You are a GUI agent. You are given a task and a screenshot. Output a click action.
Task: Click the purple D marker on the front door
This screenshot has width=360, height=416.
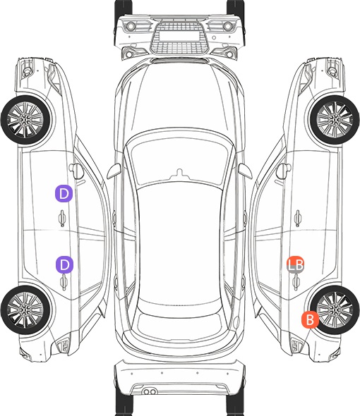(64, 194)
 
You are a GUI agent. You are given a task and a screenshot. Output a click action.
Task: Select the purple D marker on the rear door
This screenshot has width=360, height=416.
(64, 264)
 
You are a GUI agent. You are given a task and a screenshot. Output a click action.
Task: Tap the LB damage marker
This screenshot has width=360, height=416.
(296, 264)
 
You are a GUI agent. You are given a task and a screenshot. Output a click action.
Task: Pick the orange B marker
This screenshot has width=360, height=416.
(310, 319)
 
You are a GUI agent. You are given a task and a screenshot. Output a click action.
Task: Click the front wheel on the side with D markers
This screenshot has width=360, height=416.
(25, 120)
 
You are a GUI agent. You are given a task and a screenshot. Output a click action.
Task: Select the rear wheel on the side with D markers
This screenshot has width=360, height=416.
(25, 310)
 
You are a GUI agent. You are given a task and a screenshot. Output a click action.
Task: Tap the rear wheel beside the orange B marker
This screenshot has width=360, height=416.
(335, 310)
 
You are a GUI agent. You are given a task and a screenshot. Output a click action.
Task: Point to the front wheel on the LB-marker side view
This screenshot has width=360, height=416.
(335, 120)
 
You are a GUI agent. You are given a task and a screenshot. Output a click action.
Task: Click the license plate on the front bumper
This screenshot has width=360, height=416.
(179, 36)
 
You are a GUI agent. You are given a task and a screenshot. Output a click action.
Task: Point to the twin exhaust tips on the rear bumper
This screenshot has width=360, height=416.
(150, 391)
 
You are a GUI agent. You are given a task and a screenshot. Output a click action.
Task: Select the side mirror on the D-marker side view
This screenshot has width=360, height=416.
(76, 171)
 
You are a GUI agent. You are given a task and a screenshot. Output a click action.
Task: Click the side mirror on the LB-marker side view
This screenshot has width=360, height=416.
(284, 171)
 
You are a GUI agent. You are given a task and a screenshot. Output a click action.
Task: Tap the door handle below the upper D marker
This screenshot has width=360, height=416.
(62, 218)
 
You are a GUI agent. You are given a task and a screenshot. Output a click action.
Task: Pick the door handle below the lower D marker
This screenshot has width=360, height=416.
(64, 282)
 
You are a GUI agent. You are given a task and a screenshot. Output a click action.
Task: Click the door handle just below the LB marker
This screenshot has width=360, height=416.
(296, 282)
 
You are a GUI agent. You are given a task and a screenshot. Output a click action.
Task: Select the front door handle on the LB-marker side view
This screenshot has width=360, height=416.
(298, 218)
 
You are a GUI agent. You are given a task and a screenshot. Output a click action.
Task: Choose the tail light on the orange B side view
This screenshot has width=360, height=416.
(296, 345)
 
